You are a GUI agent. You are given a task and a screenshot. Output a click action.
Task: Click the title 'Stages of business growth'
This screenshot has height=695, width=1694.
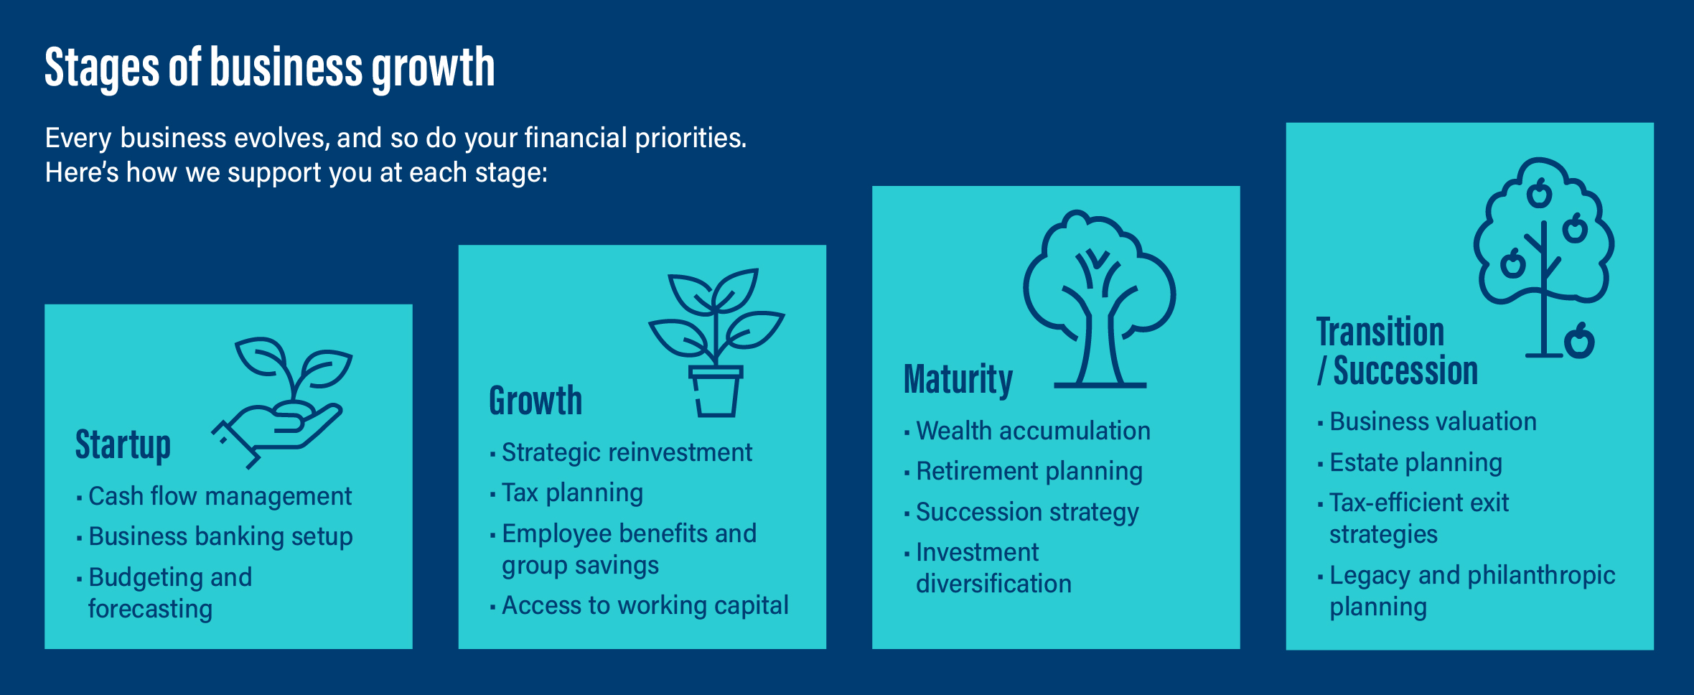point(269,67)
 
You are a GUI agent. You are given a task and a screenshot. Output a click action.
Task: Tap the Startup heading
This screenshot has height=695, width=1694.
point(123,445)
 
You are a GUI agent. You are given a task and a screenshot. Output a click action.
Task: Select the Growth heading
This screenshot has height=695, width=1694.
point(535,401)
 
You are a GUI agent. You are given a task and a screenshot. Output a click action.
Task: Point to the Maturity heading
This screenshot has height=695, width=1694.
point(958,379)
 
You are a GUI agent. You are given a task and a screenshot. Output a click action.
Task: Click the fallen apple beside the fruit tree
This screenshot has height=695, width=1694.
point(1579,341)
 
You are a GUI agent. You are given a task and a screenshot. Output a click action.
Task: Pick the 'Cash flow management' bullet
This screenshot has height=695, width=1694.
point(220,496)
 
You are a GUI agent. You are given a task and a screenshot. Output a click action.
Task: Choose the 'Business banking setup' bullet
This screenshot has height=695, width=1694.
point(220,536)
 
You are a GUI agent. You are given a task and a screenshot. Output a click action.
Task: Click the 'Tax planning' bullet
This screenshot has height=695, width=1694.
point(572,493)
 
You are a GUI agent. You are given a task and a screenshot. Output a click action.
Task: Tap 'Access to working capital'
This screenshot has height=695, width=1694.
point(645,605)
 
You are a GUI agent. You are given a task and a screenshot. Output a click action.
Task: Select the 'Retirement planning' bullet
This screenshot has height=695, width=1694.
point(1029,472)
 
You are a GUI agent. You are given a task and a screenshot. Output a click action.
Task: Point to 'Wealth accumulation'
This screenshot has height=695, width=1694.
point(1033,431)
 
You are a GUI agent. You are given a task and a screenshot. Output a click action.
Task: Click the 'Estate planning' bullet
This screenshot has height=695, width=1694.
point(1415,462)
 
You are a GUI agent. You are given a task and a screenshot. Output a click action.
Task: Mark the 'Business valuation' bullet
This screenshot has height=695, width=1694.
point(1433,421)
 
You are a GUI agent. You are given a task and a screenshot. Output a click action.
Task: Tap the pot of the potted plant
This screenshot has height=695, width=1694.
point(716,393)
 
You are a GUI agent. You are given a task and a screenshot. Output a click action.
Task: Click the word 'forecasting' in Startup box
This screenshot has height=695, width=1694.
point(150,609)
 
